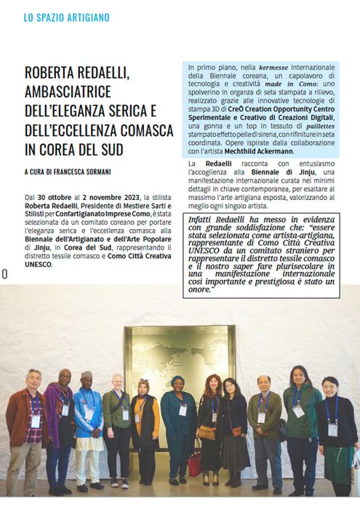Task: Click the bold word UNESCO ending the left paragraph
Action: (x=41, y=264)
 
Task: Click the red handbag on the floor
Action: (x=195, y=466)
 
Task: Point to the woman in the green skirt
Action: (x=334, y=436)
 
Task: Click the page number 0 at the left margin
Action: (x=4, y=274)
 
